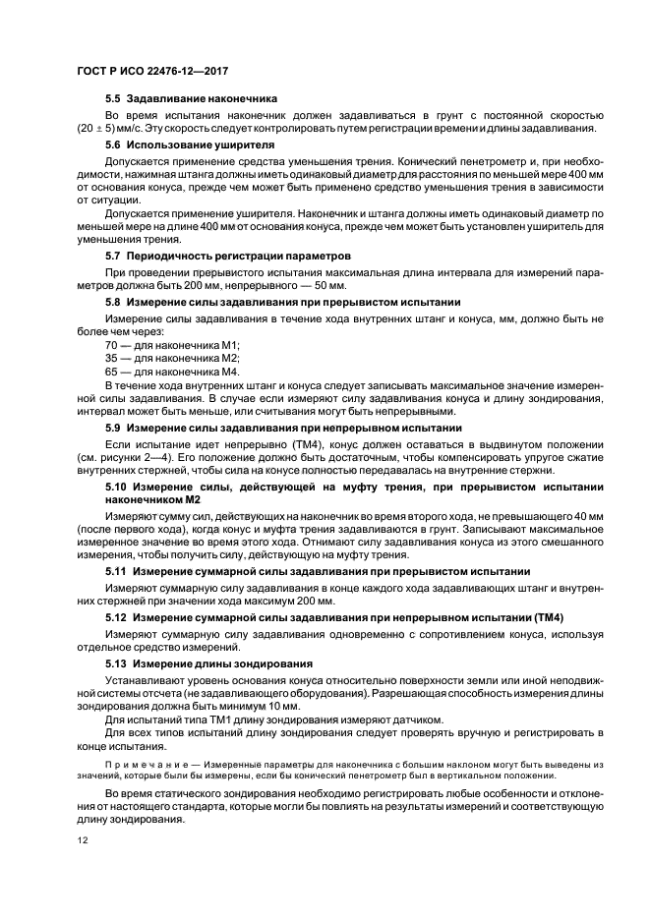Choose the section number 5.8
pos(114,302)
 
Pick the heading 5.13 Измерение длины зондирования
pos(208,662)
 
